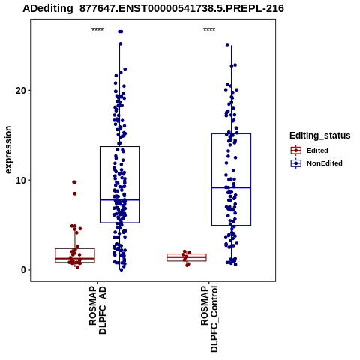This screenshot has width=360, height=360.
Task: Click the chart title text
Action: [x=153, y=8]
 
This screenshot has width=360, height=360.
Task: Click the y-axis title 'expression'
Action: [x=8, y=150]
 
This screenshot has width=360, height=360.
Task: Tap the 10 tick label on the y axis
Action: [x=21, y=180]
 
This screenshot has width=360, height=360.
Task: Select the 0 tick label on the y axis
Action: [x=24, y=270]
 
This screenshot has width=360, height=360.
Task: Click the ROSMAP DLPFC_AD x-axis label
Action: [x=97, y=310]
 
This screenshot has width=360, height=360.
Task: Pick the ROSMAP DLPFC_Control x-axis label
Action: [x=209, y=319]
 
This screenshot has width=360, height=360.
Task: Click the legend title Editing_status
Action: [x=320, y=136]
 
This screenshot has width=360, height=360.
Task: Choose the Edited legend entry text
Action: [x=317, y=151]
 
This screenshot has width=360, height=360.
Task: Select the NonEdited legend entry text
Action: [x=325, y=163]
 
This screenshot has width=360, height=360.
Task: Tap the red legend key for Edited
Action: [x=296, y=151]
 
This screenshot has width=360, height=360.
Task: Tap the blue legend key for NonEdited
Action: [x=296, y=163]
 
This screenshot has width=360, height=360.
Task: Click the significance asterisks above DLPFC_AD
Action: [x=97, y=30]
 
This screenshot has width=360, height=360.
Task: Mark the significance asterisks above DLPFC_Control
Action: [x=209, y=30]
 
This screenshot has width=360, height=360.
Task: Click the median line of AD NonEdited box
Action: [x=119, y=199]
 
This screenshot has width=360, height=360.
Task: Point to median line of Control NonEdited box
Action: [x=231, y=187]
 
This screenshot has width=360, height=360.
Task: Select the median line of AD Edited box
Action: [x=75, y=258]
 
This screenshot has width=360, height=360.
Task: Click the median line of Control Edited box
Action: [x=187, y=256]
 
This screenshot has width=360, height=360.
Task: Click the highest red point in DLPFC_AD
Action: [x=74, y=182]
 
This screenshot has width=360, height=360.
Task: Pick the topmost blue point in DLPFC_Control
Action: [x=227, y=45]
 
